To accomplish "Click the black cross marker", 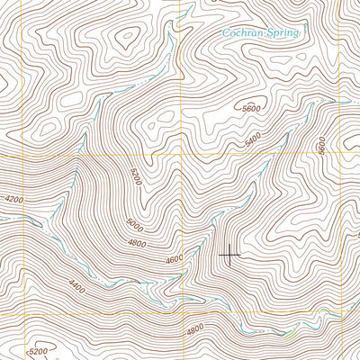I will click(230, 255).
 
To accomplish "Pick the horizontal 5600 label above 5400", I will click(253, 106).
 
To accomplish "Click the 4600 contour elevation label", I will click(174, 259).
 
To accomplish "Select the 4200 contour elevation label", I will click(13, 199).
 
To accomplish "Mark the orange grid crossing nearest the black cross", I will click(181, 312).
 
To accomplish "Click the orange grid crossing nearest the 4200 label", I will click(3, 155).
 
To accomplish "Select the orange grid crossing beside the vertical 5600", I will click(334, 155).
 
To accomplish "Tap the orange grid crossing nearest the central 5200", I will click(181, 155).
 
